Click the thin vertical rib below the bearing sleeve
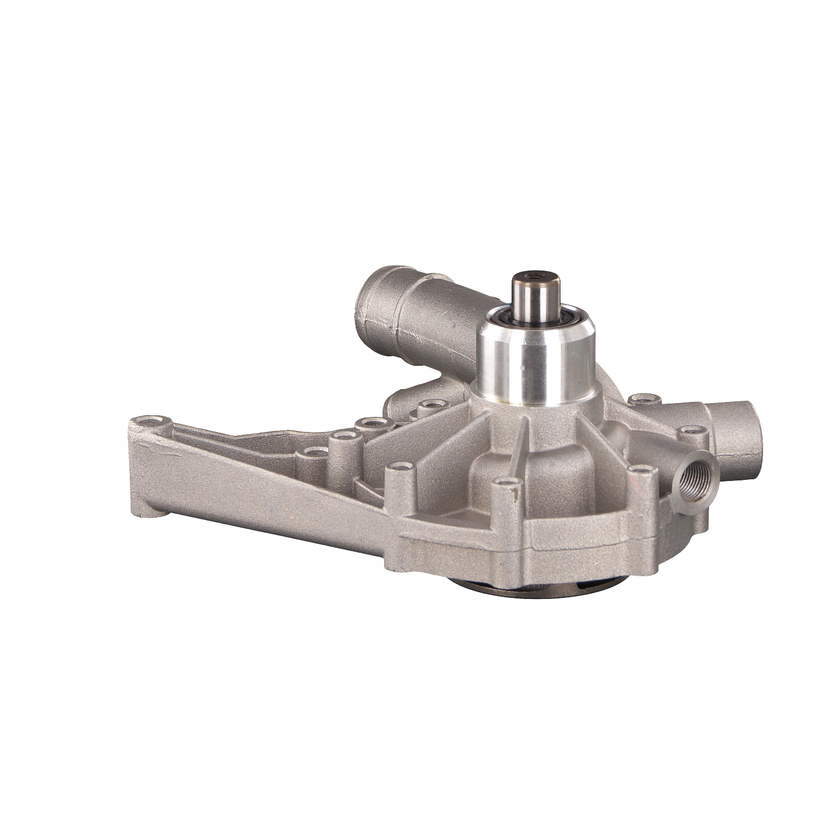[520, 445]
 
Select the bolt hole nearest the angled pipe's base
[429, 403]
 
